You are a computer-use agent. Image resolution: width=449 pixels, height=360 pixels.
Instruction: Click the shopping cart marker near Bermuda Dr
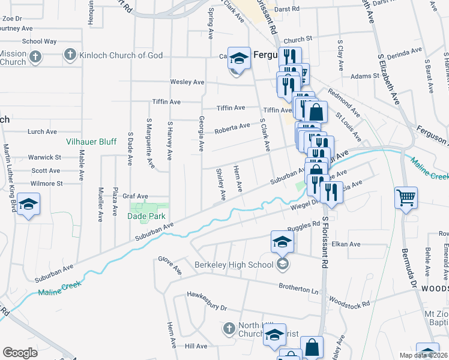[x=406, y=197]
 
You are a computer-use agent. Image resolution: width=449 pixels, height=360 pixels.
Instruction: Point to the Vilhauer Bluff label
[x=91, y=142]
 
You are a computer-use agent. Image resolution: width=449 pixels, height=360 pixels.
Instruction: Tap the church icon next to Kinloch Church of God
[x=70, y=55]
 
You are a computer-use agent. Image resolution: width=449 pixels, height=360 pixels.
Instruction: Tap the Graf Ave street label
[x=135, y=196]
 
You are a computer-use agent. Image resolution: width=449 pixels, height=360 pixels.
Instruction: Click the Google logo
[x=20, y=352]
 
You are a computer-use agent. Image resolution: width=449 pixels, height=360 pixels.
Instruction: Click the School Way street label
[x=39, y=41]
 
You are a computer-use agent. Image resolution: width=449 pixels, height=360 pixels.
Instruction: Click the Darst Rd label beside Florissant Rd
[x=289, y=10]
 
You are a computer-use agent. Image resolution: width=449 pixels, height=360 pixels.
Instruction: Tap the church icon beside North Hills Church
[x=228, y=328]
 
